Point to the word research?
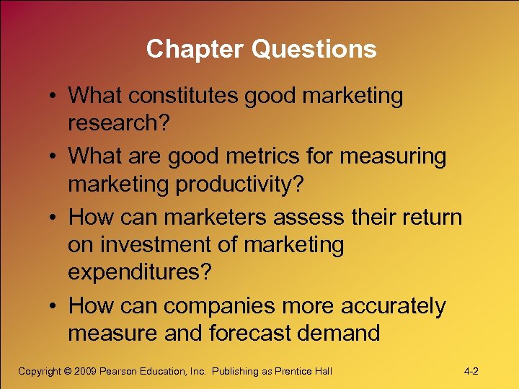(118, 122)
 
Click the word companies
(219, 306)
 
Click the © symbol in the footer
(68, 372)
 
